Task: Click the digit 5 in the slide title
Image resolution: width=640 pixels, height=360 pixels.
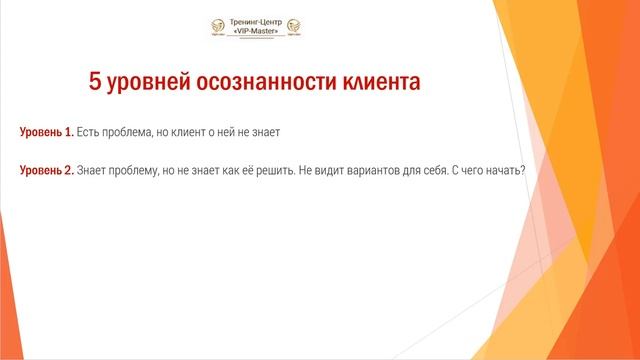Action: point(96,83)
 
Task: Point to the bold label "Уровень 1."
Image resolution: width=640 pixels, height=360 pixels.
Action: point(46,133)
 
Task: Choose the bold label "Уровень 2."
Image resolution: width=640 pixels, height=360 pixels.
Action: point(47,169)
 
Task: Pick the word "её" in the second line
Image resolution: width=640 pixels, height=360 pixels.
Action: point(248,169)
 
